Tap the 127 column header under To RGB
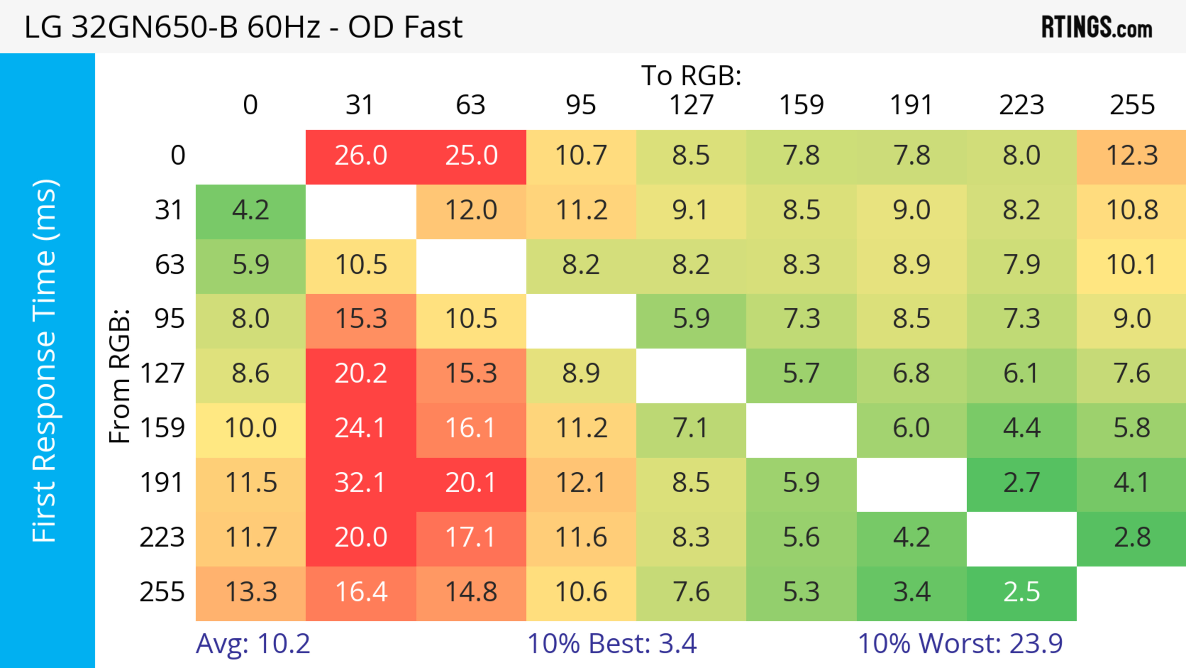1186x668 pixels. [691, 105]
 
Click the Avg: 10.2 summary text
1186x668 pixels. [253, 644]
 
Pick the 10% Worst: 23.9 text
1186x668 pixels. [960, 644]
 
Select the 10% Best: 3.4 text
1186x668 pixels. [612, 644]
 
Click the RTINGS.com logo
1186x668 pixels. [1097, 28]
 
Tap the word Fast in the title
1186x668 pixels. [433, 27]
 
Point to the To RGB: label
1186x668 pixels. [691, 75]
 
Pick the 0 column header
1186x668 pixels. [250, 105]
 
